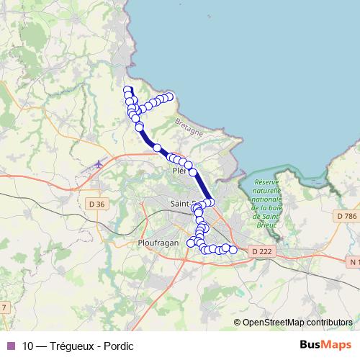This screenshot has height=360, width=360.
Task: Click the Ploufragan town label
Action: click(157, 243)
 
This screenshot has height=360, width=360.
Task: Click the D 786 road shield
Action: click(346, 215)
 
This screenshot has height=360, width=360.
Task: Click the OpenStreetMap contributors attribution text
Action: click(297, 322)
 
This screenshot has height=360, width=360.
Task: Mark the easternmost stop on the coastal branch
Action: click(170, 96)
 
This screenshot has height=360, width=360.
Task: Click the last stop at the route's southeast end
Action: click(233, 250)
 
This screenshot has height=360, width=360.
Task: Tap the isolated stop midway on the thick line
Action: click(157, 148)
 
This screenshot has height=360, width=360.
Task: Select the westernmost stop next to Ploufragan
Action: click(191, 243)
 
